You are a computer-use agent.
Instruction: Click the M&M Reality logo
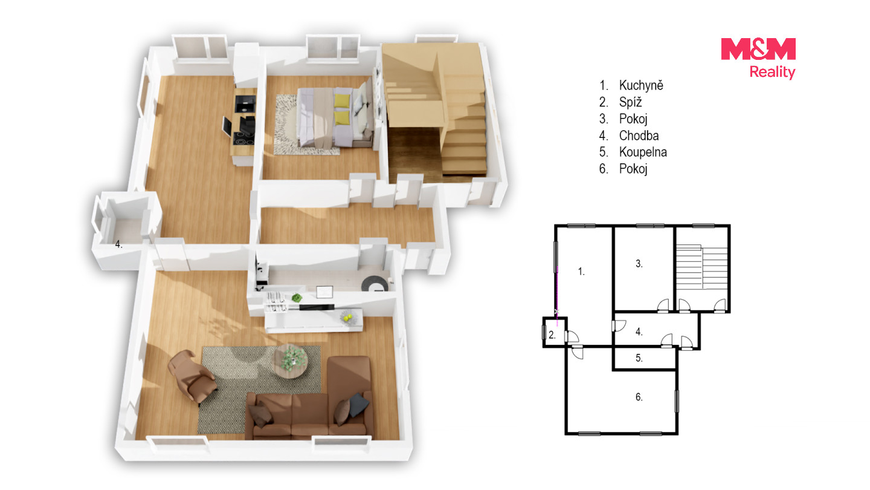758,59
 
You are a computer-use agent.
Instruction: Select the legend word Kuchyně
641,85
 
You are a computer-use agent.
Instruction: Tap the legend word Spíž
630,102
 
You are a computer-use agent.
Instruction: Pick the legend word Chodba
639,136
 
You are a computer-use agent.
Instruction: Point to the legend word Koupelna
643,152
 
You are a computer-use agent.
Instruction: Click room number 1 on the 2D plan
581,272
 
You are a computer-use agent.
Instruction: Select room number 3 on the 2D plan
639,264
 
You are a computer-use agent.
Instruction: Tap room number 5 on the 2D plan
639,358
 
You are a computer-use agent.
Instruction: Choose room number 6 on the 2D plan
639,397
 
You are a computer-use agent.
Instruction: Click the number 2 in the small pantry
552,335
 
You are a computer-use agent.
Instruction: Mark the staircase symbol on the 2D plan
701,267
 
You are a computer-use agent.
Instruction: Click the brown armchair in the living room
192,375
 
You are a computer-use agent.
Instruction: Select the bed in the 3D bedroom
334,117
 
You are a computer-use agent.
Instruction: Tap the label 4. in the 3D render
118,244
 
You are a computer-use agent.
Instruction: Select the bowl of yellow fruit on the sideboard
349,318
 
